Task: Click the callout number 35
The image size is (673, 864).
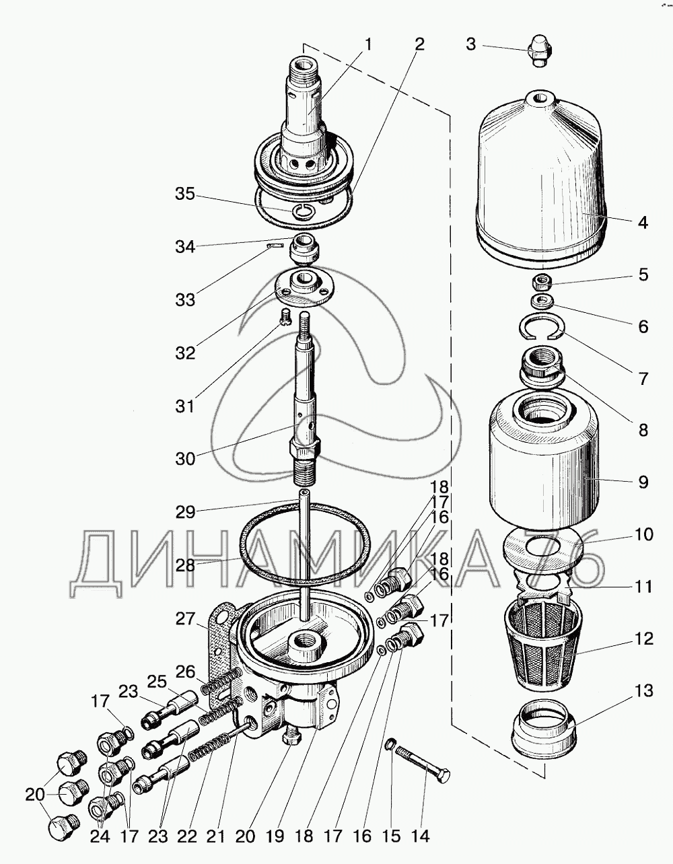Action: pyautogui.click(x=186, y=194)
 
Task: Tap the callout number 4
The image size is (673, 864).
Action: pyautogui.click(x=643, y=222)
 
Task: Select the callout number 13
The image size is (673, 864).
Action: pyautogui.click(x=643, y=691)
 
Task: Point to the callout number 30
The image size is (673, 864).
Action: pyautogui.click(x=186, y=458)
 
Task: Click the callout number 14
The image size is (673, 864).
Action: pyautogui.click(x=420, y=836)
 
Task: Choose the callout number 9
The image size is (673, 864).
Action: pyautogui.click(x=643, y=482)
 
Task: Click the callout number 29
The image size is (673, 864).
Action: pyautogui.click(x=186, y=512)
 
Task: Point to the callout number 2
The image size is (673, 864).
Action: pyautogui.click(x=419, y=45)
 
